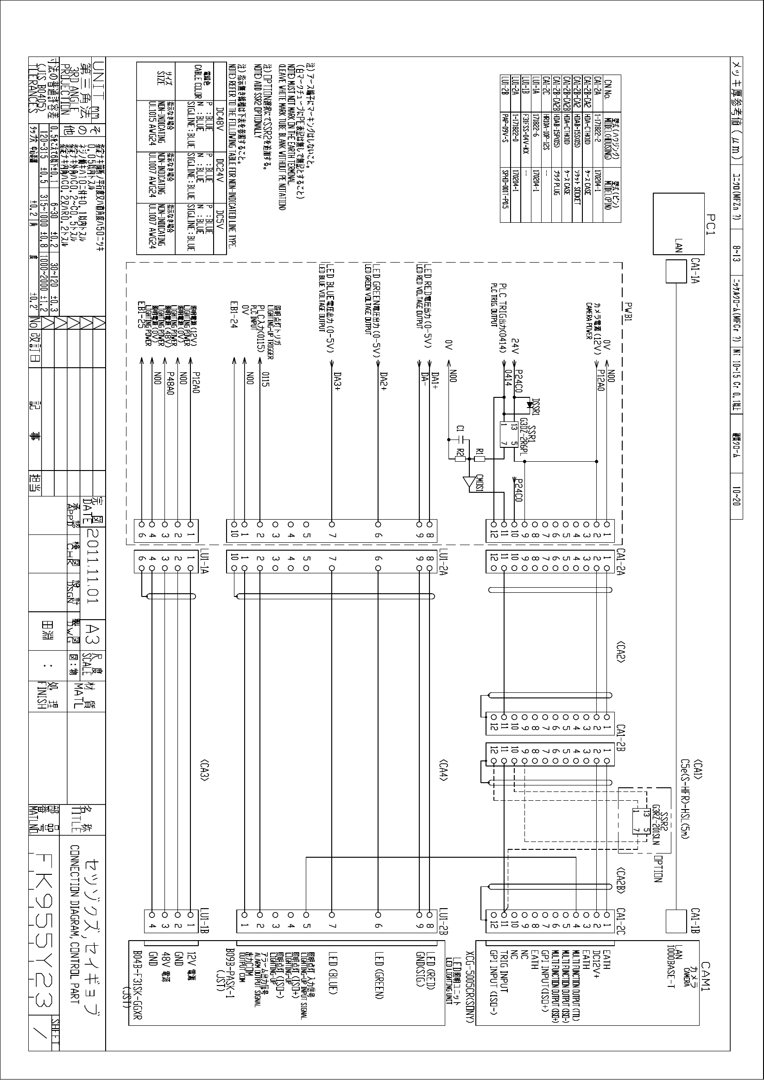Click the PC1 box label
click(x=711, y=224)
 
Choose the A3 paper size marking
click(x=93, y=631)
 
